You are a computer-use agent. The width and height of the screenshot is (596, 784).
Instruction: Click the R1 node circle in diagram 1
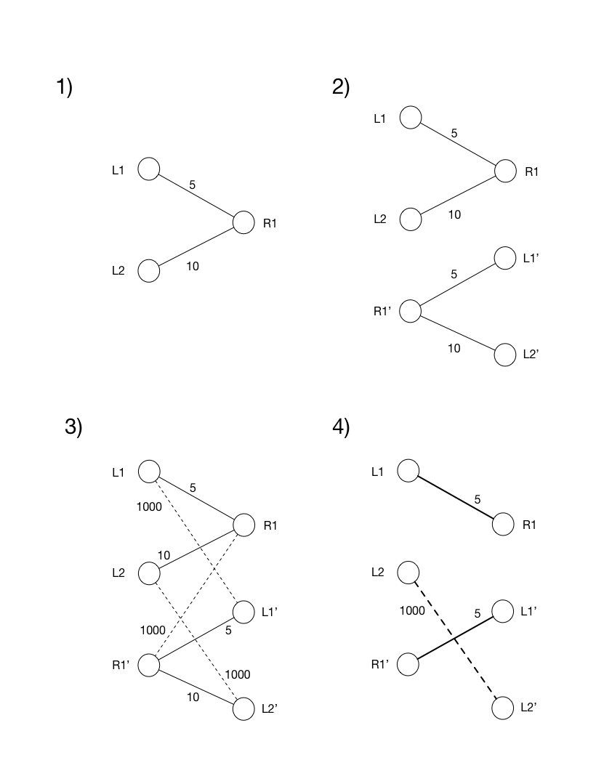tap(243, 222)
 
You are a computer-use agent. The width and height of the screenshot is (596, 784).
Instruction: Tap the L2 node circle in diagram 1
tap(148, 270)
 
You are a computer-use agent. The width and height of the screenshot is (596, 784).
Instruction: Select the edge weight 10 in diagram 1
tap(193, 266)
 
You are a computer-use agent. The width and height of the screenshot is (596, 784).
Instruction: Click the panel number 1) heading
tap(65, 87)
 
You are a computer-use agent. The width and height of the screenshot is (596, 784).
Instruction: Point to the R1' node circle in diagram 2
tap(411, 311)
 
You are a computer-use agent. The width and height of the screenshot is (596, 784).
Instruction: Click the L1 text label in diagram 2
tap(380, 118)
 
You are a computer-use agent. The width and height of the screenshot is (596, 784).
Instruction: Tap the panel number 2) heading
tap(341, 87)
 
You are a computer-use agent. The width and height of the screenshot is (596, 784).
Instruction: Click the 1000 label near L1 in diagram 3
tap(149, 506)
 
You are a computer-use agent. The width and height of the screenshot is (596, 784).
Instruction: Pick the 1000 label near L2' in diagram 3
tap(238, 674)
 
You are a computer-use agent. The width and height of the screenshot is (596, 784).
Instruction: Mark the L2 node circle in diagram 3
tap(148, 573)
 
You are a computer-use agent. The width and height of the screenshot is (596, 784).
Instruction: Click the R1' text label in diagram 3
tap(121, 664)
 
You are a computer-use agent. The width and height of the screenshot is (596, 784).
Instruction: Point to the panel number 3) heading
tap(74, 427)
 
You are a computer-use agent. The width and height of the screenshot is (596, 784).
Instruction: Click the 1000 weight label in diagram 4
tap(412, 610)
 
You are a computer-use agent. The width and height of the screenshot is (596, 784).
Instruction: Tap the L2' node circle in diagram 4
tap(502, 707)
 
